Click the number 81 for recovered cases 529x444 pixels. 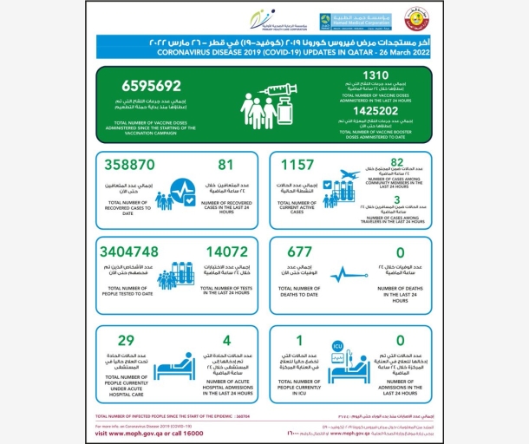click(x=226, y=163)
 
